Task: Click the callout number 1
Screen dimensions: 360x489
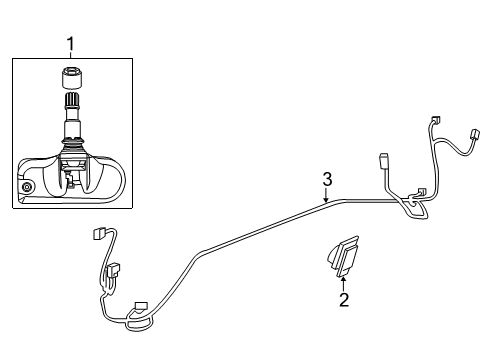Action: point(70,43)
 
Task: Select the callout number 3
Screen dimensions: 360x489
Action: point(326,180)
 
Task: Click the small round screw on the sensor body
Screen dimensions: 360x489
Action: point(27,188)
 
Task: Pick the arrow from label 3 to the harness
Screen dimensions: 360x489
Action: point(327,195)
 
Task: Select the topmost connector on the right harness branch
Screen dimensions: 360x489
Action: point(434,120)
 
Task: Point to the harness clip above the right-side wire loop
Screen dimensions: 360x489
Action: point(421,191)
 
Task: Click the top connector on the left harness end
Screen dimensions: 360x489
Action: point(98,235)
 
